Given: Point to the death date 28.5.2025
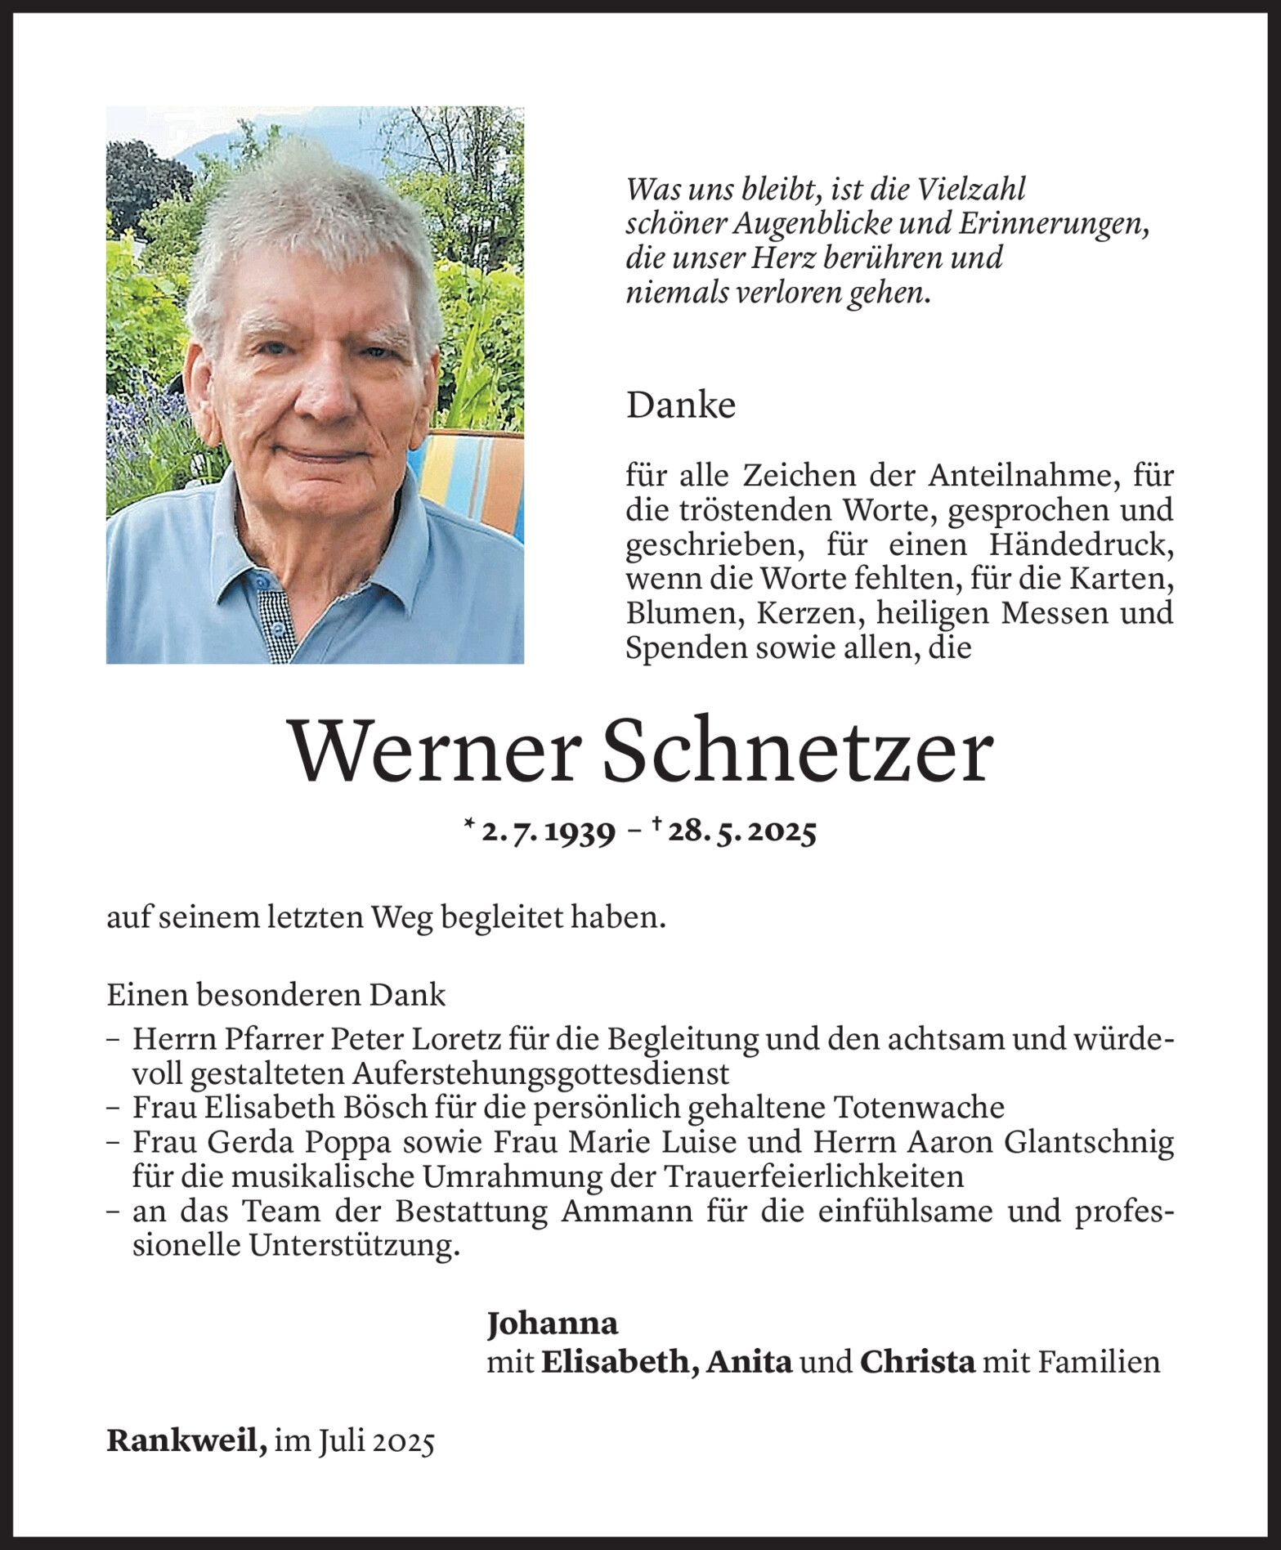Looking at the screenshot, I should [741, 832].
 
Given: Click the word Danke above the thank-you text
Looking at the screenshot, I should [681, 406].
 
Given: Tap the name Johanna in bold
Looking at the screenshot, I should [553, 1323].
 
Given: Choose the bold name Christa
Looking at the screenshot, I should [917, 1362].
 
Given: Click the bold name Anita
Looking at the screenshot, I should [750, 1362].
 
